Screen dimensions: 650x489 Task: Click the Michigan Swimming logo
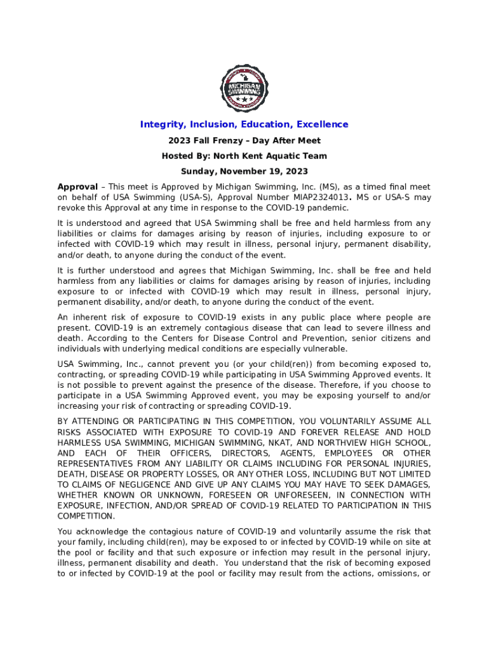[244, 88]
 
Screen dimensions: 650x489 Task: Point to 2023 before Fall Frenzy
[179, 140]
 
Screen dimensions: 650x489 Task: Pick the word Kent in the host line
[262, 156]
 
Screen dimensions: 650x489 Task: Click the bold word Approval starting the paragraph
[77, 187]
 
